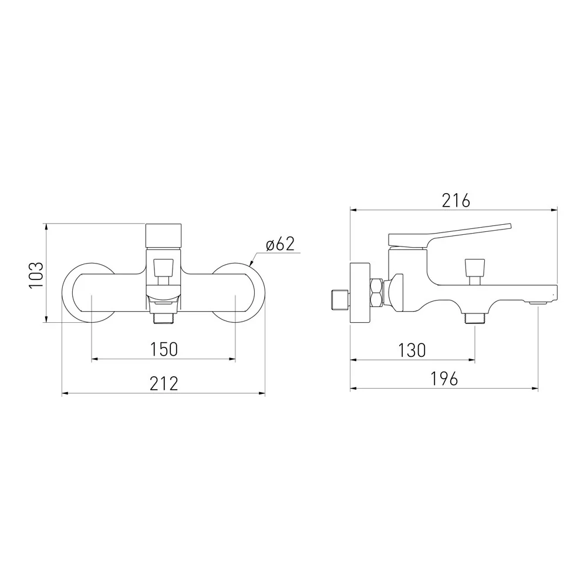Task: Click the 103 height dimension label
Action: click(36, 275)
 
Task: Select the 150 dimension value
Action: click(164, 349)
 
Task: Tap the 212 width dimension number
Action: click(164, 384)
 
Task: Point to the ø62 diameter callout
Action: click(281, 244)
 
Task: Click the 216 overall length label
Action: click(456, 201)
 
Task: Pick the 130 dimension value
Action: click(412, 351)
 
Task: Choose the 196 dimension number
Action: click(444, 379)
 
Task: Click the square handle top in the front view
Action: click(163, 236)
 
